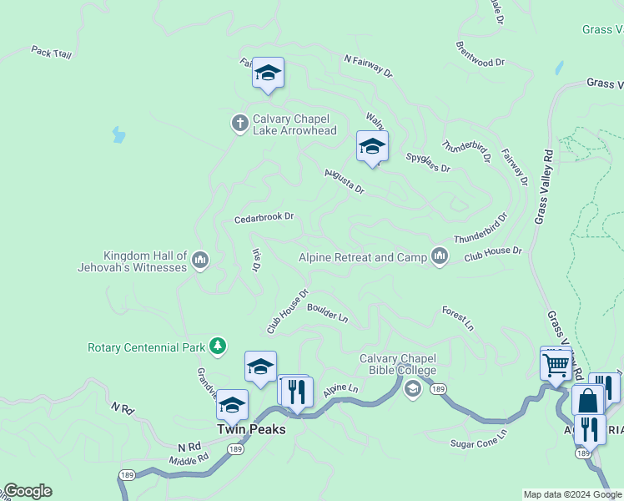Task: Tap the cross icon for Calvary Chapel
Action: point(239,124)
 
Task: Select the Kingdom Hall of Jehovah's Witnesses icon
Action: point(199,261)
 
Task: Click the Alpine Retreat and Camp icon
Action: point(440,257)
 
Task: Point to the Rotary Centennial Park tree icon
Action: point(218,346)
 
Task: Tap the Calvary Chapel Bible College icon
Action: point(412,389)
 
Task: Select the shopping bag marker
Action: point(587,401)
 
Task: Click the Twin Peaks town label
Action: point(251,429)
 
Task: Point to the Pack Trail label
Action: point(52,52)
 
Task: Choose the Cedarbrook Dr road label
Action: point(264,216)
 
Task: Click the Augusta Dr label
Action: point(345,181)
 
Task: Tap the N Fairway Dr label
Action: point(368,66)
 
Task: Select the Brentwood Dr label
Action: point(481,54)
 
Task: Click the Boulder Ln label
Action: point(327,311)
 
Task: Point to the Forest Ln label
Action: point(458,315)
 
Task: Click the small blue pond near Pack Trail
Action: point(118,134)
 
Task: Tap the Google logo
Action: point(28,491)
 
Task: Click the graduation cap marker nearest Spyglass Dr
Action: point(372,148)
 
